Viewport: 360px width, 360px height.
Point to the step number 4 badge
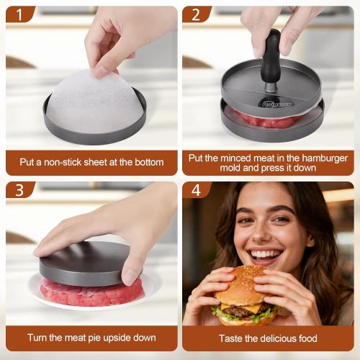click(x=195, y=190)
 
